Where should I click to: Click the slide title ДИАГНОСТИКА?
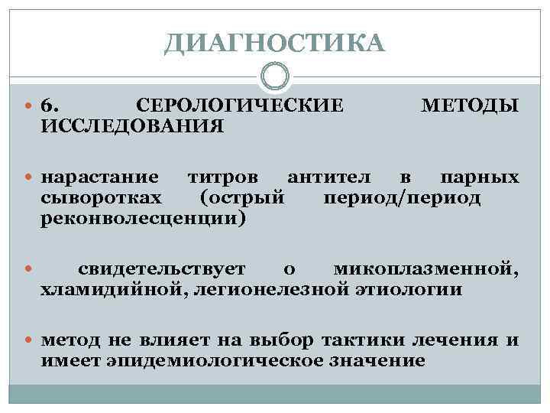274,44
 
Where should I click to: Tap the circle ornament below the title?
274,76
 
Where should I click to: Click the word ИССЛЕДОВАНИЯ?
132,124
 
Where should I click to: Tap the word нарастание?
100,178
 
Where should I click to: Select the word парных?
479,178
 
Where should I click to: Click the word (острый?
242,199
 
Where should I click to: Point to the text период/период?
402,199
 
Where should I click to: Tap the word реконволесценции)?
144,220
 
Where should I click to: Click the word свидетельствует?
161,268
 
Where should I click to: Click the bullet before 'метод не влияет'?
31,340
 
